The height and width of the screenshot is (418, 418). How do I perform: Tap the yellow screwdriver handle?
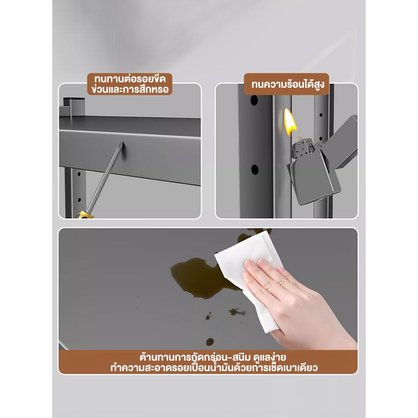coord(84,214)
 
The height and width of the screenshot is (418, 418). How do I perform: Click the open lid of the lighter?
coord(343,142)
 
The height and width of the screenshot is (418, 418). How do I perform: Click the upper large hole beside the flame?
coord(254,100)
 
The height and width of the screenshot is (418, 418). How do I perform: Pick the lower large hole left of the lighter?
coord(255,170)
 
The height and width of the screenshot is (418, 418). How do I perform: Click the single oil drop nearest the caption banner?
coord(210,342)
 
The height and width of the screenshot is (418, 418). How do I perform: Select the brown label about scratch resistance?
coord(130,84)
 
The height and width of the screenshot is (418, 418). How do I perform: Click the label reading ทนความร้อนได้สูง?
coord(287,84)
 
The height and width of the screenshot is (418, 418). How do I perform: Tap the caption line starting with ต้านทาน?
coord(213,357)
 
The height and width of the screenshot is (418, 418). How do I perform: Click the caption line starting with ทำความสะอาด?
coord(214,368)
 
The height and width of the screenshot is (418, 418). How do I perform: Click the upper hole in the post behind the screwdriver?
coord(79,174)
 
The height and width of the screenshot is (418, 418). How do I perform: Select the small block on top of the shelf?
coord(74,107)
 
